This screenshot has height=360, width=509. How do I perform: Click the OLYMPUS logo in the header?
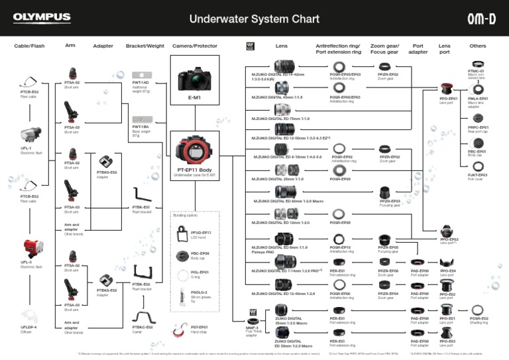(41, 18)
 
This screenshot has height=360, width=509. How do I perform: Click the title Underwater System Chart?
(254, 19)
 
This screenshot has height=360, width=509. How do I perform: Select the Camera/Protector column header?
(195, 46)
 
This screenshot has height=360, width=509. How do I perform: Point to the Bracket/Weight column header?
(144, 46)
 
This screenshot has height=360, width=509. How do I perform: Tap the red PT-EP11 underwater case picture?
(195, 150)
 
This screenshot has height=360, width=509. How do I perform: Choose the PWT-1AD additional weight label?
(140, 85)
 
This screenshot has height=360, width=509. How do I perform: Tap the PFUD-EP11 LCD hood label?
(200, 235)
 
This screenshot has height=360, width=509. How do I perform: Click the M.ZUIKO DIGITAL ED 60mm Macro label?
(289, 201)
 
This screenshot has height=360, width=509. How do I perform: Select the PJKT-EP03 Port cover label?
(477, 177)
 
